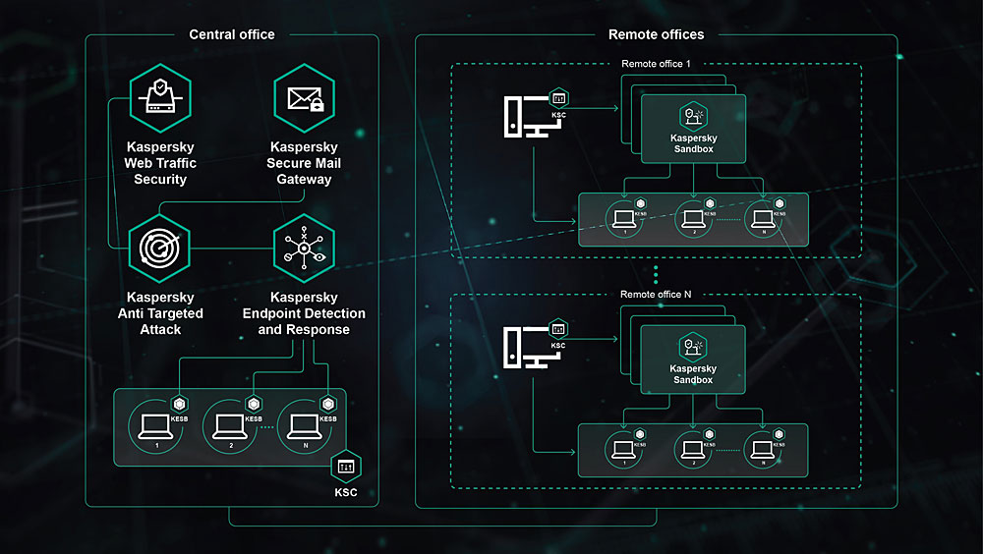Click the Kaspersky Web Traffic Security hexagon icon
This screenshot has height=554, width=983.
[159, 98]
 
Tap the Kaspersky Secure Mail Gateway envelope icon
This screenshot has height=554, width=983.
[305, 98]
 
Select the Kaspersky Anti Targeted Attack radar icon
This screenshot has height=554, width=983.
[159, 249]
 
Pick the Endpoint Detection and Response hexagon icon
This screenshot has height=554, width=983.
[305, 249]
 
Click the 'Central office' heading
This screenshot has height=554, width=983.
[232, 34]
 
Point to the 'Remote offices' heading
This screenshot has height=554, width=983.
[657, 34]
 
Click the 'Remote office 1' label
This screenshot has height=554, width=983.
[657, 64]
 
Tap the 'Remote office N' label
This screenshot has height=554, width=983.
[657, 294]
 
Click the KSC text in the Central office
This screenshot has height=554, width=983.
[344, 490]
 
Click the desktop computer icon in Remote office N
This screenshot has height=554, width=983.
[522, 347]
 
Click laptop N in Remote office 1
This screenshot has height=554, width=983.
[761, 215]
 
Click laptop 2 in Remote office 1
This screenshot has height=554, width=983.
[693, 215]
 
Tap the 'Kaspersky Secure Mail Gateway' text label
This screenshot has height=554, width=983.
[305, 163]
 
